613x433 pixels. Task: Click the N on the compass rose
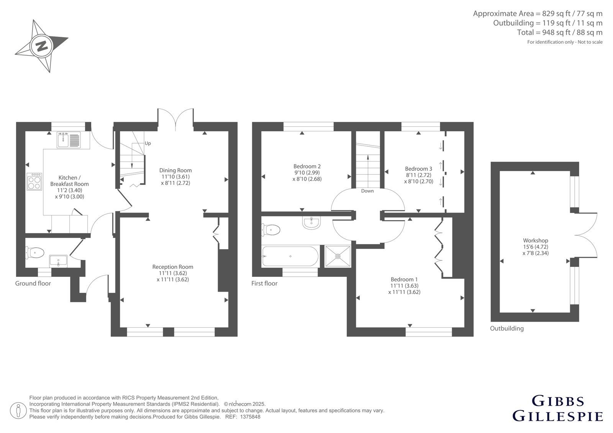[x=42, y=46]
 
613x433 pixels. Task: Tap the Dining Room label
[x=175, y=170]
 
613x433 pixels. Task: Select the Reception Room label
[x=173, y=267]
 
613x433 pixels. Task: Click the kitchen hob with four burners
[x=34, y=181]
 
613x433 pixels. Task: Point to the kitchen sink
[x=69, y=139]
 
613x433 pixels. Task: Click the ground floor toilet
[x=35, y=252]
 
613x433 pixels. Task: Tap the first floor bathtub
[x=290, y=256]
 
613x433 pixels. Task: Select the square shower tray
[x=338, y=256]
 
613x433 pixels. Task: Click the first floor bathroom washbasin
[x=311, y=223]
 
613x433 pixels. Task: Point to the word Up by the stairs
[x=148, y=143]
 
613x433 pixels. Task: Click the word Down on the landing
[x=367, y=191]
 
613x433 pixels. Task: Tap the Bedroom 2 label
[x=307, y=166]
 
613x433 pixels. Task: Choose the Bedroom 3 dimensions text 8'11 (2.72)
[x=419, y=175]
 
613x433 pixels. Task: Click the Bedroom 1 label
[x=404, y=279]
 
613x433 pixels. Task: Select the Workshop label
[x=536, y=240]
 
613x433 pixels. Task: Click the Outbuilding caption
[x=507, y=328]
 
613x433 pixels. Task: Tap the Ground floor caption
[x=33, y=283]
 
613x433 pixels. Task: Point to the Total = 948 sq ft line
[x=560, y=33]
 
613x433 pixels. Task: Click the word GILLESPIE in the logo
[x=557, y=416]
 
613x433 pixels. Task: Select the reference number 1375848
[x=250, y=417]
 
